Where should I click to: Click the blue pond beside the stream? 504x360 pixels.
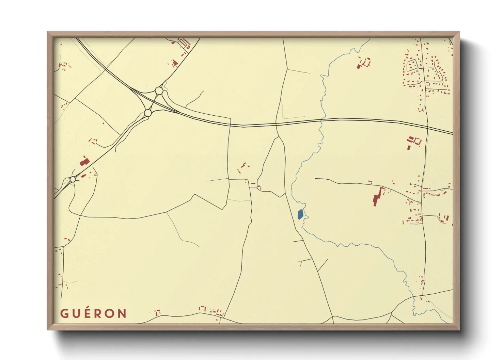pyautogui.click(x=300, y=214)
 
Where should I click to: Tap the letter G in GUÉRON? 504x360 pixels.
pyautogui.click(x=64, y=313)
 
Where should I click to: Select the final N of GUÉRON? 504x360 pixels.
pyautogui.click(x=122, y=313)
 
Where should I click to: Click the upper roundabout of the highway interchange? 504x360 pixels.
pyautogui.click(x=159, y=91)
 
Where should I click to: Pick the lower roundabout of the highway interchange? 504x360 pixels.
pyautogui.click(x=147, y=113)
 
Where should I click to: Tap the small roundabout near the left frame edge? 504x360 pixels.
pyautogui.click(x=73, y=179)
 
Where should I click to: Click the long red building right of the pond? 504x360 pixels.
pyautogui.click(x=377, y=197)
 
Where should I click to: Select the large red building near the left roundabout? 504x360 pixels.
pyautogui.click(x=84, y=161)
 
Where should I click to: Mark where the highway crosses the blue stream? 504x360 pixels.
pyautogui.click(x=322, y=119)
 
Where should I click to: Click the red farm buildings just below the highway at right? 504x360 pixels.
pyautogui.click(x=413, y=142)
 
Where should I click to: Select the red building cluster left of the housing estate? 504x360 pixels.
pyautogui.click(x=364, y=63)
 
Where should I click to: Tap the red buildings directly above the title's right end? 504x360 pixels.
pyautogui.click(x=157, y=312)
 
